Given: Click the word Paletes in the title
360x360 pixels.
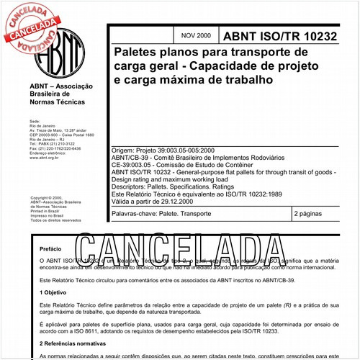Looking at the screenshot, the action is (139, 53).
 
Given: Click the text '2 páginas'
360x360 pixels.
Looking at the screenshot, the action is (310, 215).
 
